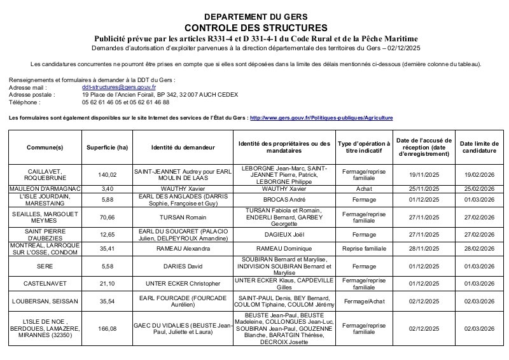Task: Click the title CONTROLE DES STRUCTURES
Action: coord(254,28)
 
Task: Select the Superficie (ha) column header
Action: coord(108,148)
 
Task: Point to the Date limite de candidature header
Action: coord(478,148)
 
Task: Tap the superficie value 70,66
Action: coord(108,217)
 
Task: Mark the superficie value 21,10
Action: coord(108,283)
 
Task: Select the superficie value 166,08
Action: coord(108,328)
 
